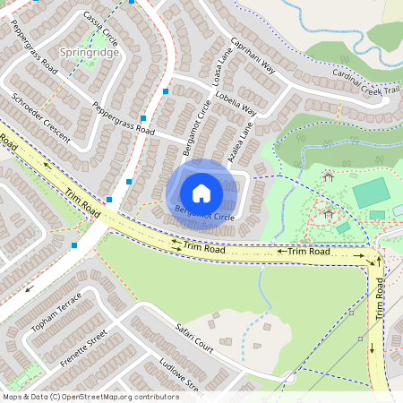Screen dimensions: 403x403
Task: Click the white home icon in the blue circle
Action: coord(201,193)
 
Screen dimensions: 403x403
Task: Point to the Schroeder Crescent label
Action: coord(40,114)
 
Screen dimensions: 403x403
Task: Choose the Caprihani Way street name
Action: coord(254,59)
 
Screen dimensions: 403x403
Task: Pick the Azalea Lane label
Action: coord(240,142)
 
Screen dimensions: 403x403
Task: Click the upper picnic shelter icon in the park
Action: coord(328,176)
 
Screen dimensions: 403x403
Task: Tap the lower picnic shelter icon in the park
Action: coord(328,214)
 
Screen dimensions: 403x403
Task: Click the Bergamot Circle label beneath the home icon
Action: coord(204,215)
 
